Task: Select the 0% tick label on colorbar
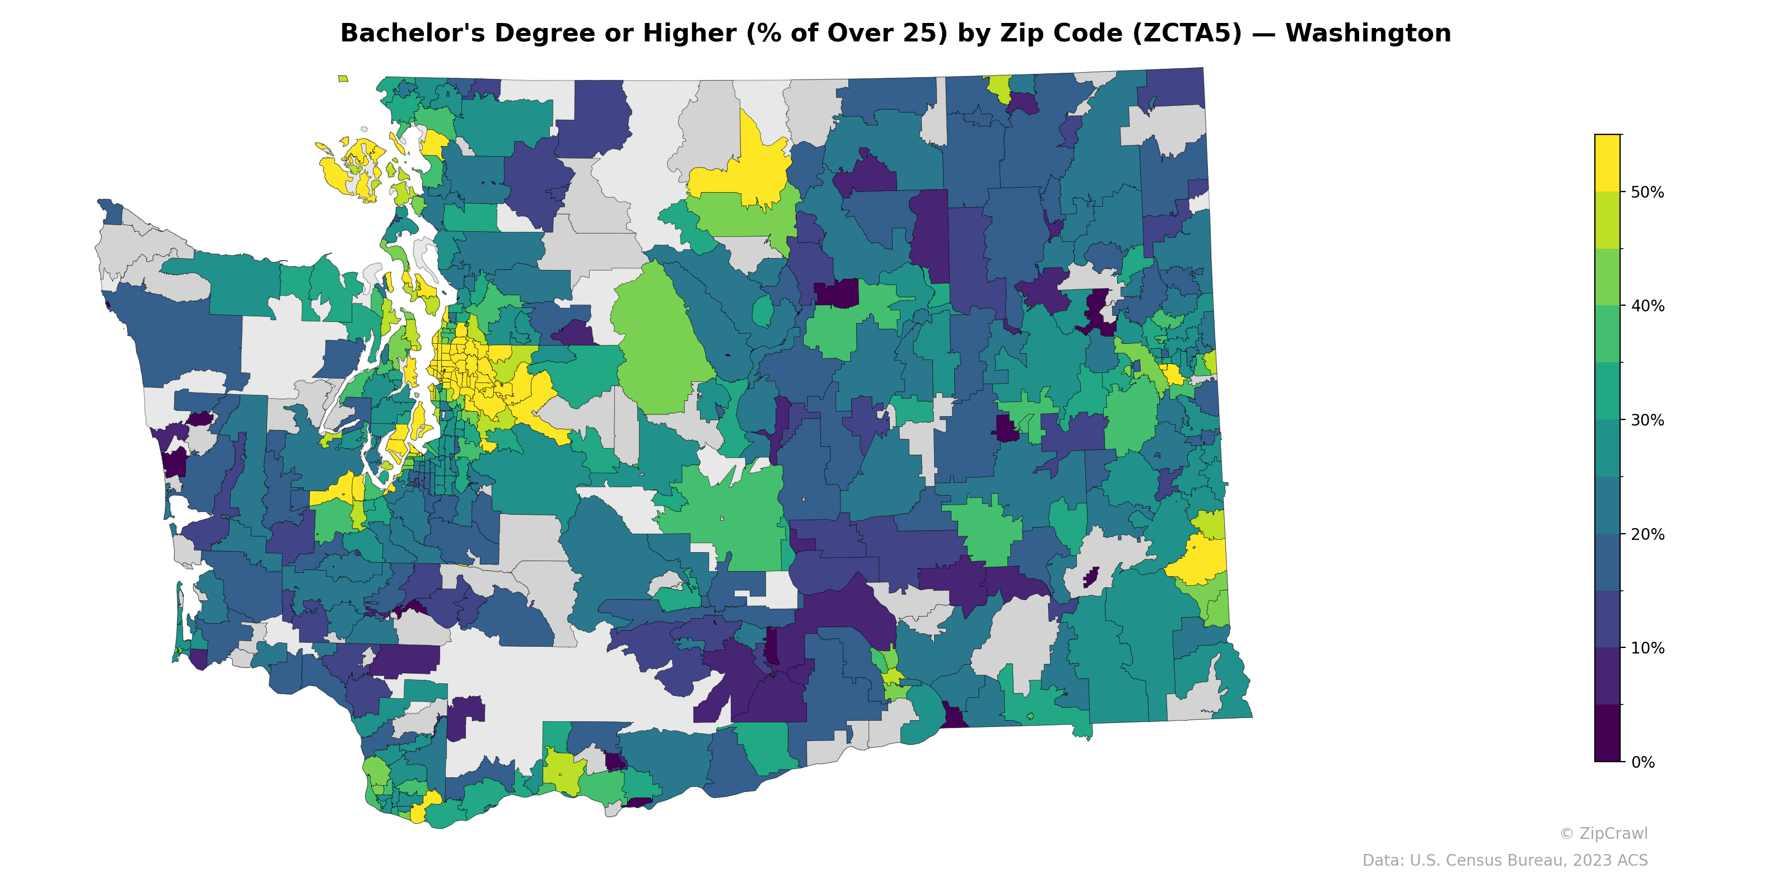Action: [1642, 762]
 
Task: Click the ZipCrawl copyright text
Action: [1603, 833]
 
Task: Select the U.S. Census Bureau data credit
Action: [1505, 861]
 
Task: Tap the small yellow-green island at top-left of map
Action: [343, 78]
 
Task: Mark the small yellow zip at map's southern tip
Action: [419, 813]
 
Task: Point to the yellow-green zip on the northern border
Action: [1000, 87]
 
